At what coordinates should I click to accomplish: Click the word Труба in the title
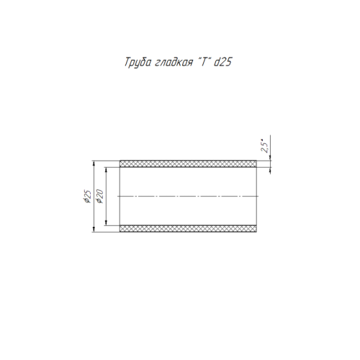click(x=138, y=63)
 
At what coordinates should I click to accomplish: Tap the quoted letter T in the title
click(x=204, y=62)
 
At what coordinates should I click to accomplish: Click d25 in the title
click(x=222, y=62)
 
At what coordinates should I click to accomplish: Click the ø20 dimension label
click(x=99, y=197)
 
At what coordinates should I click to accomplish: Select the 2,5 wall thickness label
click(x=264, y=146)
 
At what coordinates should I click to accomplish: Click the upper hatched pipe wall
click(x=189, y=163)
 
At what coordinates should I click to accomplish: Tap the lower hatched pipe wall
click(x=189, y=229)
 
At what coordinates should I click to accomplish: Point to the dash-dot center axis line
click(x=188, y=197)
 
